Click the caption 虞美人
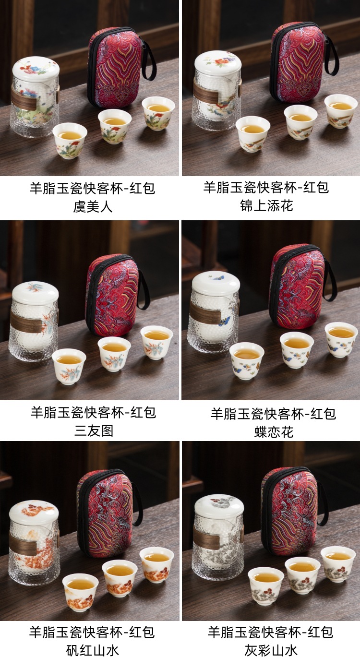[93, 206]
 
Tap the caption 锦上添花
[266, 205]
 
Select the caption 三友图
[94, 431]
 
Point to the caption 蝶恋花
[274, 432]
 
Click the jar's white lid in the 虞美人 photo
[36, 69]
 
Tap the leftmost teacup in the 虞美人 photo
[70, 141]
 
